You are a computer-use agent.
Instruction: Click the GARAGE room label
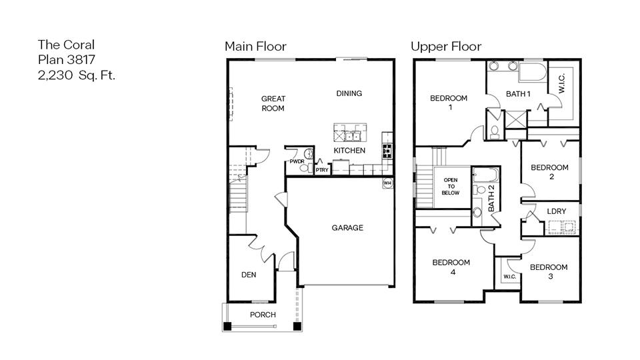point(347,228)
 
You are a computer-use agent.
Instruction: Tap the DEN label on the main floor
point(248,275)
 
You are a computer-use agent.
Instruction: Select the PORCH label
point(263,315)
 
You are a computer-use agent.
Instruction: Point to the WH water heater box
point(387,183)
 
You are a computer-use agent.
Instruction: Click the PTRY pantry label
point(321,169)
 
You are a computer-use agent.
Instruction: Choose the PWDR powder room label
point(297,162)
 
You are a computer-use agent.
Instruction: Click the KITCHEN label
point(349,151)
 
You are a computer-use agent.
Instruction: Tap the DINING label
point(349,93)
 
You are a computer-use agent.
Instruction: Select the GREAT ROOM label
point(273,103)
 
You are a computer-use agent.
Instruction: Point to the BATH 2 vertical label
point(491,198)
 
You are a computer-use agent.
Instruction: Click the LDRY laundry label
point(556,211)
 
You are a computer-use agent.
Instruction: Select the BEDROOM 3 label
point(549,271)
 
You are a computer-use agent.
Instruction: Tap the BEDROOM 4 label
point(451,267)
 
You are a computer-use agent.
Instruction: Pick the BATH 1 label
point(518,94)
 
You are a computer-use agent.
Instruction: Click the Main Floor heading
point(255,46)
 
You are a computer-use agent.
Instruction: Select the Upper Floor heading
point(445,46)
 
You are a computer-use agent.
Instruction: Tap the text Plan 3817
point(66,60)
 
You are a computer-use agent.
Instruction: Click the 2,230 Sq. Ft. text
point(77,75)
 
